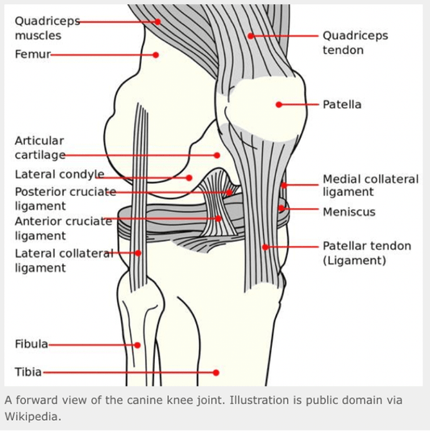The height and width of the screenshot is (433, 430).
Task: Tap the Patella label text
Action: (x=342, y=105)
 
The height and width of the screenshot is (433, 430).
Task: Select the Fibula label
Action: (x=31, y=344)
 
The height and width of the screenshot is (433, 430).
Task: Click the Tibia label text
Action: (x=28, y=372)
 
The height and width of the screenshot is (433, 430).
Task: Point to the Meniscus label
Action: (x=349, y=212)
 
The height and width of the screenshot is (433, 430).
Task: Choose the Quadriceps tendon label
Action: (x=355, y=43)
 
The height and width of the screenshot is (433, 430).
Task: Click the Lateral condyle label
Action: (x=59, y=174)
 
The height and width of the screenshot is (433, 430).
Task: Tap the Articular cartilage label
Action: (x=40, y=148)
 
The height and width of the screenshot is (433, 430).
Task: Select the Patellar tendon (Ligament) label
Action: (x=366, y=253)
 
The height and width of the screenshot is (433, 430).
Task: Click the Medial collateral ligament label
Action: (x=370, y=185)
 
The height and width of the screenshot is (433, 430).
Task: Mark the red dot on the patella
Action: (x=279, y=105)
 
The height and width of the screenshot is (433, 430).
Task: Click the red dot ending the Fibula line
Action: (x=138, y=345)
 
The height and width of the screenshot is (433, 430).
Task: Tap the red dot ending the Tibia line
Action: (x=216, y=373)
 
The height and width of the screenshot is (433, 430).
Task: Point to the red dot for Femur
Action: (x=157, y=55)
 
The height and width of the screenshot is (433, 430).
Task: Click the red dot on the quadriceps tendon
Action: (x=251, y=36)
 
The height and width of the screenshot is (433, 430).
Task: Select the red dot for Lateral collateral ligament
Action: (x=139, y=253)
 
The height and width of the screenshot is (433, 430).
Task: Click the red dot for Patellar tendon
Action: (x=265, y=247)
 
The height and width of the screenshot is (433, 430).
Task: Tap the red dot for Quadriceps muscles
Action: (x=158, y=22)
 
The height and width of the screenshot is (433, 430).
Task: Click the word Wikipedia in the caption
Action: (x=31, y=417)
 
